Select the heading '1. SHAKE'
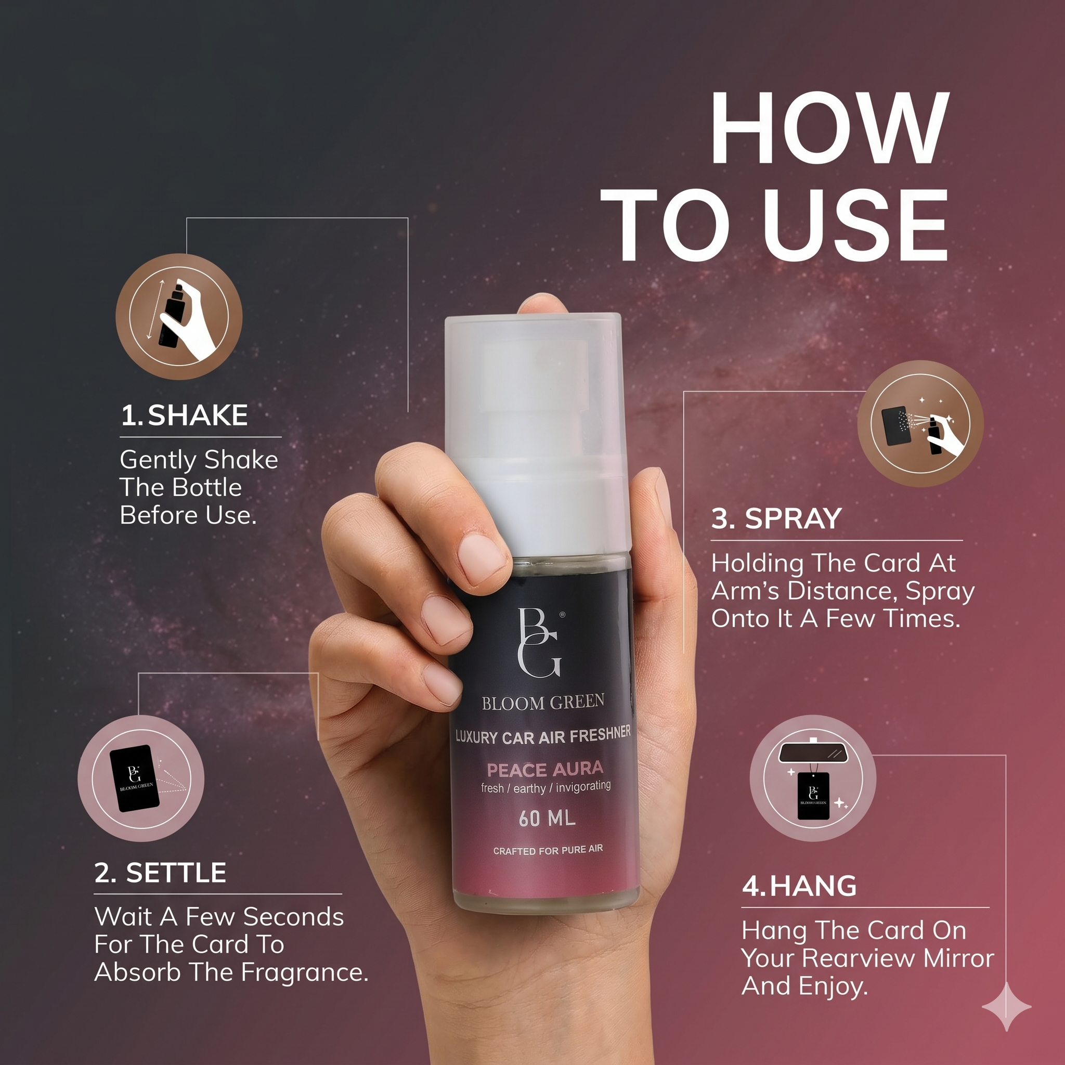pyautogui.click(x=184, y=415)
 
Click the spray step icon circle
pyautogui.click(x=920, y=423)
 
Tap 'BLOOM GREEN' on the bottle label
pyautogui.click(x=543, y=702)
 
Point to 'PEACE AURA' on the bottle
pyautogui.click(x=545, y=769)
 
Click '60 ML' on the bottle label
pyautogui.click(x=547, y=819)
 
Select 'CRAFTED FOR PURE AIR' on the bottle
pyautogui.click(x=548, y=850)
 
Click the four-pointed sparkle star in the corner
pyautogui.click(x=1007, y=1007)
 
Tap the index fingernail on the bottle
pyautogui.click(x=483, y=561)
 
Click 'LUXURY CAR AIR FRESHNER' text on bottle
pyautogui.click(x=543, y=735)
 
